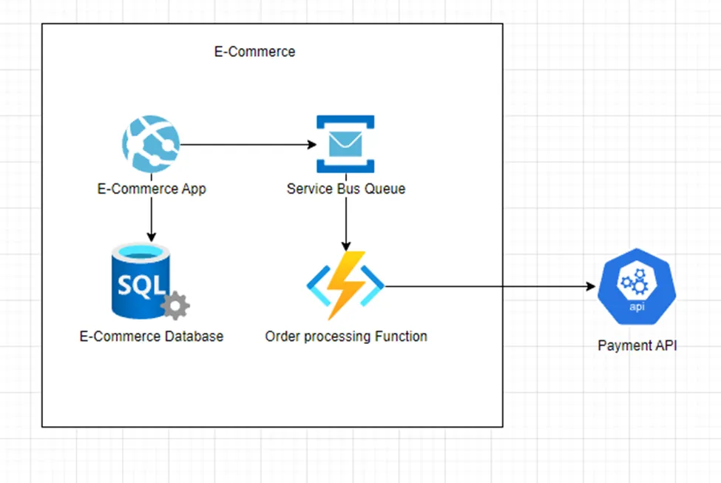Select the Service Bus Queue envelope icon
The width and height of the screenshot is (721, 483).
pos(345,143)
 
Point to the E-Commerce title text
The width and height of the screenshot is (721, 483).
pos(254,52)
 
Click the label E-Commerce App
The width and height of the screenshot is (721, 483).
pos(152,189)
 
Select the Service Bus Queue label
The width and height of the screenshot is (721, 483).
pos(346,189)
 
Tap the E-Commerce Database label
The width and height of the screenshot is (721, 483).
pos(152,337)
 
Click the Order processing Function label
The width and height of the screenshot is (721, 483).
pos(346,337)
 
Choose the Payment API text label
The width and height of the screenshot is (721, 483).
pos(637,345)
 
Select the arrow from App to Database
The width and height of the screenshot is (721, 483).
pos(151,218)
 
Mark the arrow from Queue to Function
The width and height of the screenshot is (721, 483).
pos(345,222)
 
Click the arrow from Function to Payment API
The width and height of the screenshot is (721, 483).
pos(488,286)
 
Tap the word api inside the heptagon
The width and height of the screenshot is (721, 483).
pos(636,306)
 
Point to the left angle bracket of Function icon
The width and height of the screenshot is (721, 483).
pos(316,286)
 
